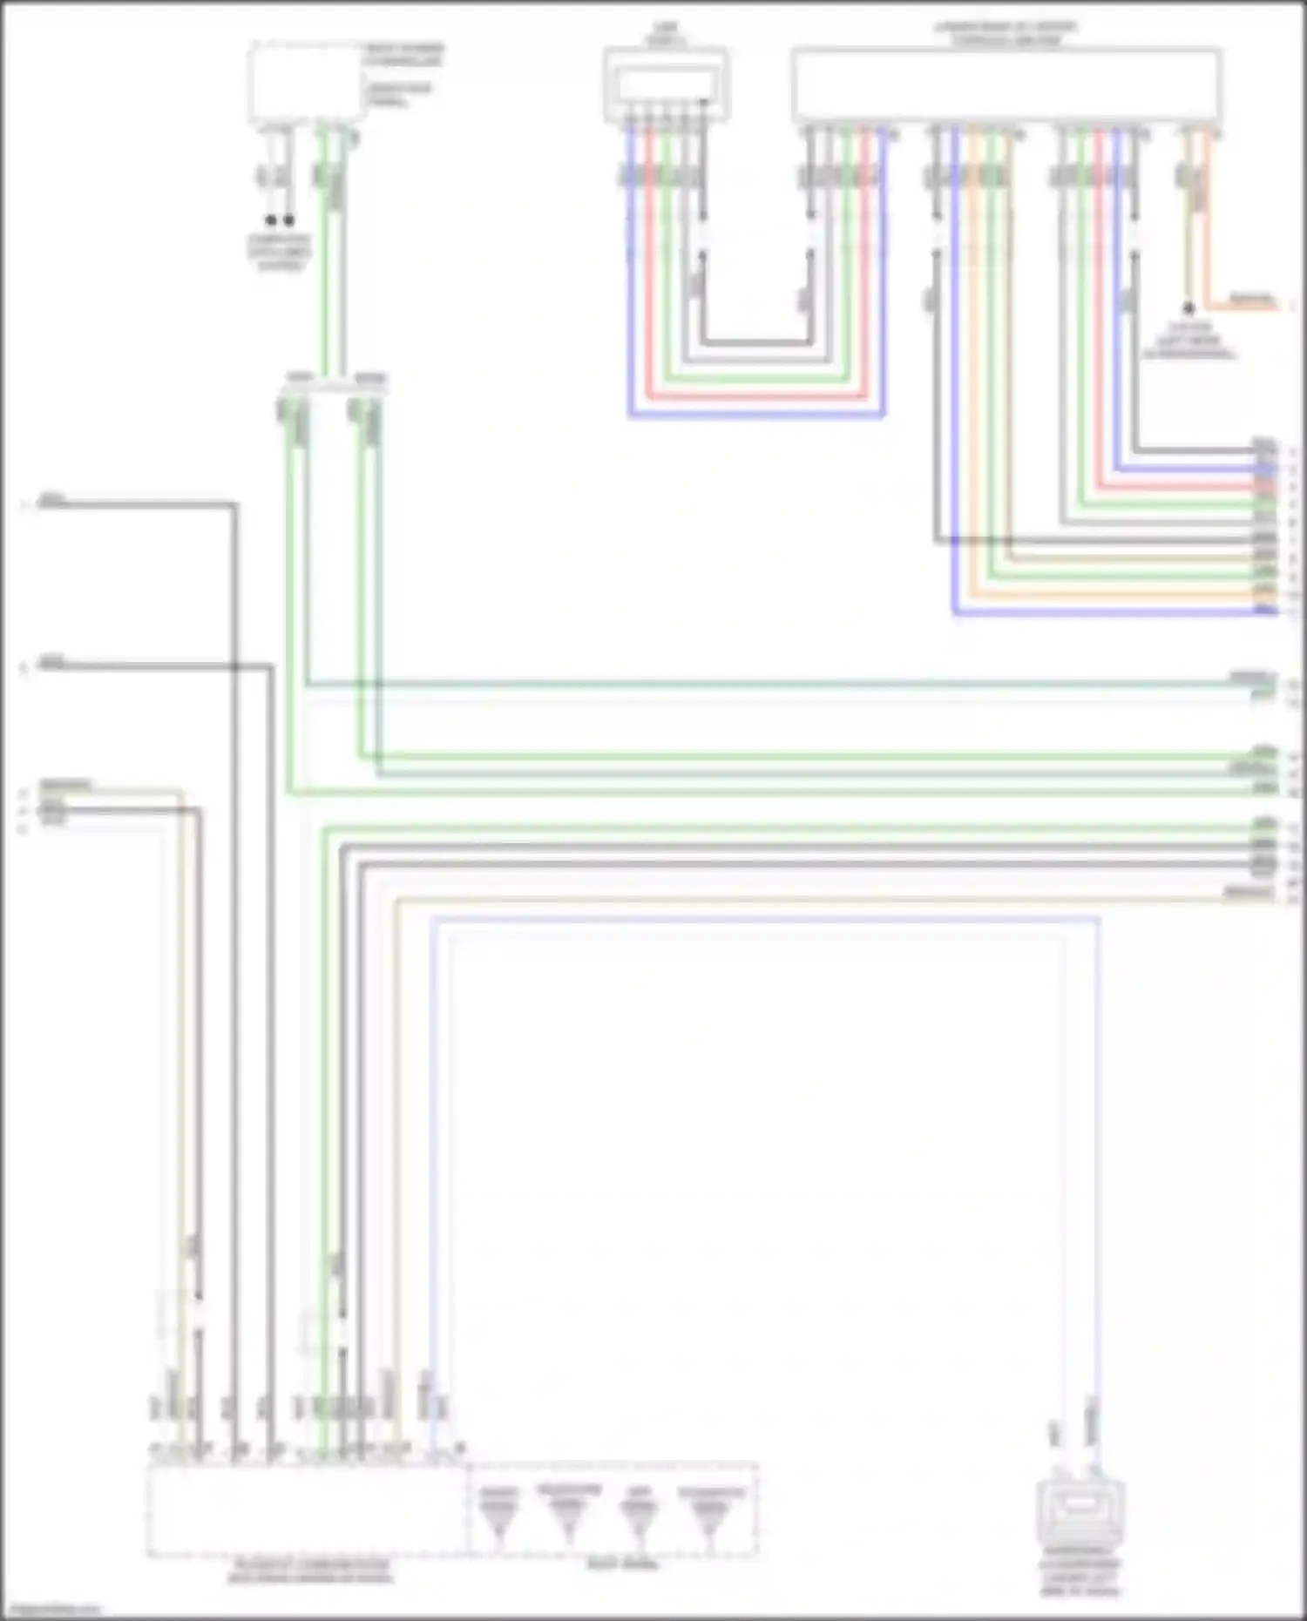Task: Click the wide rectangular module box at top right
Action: [1006, 84]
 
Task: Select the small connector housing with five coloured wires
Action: [666, 84]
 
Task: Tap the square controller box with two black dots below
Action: [305, 84]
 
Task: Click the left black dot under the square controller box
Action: [271, 220]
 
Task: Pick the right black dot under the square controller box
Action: [288, 220]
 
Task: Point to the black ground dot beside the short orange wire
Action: [1188, 308]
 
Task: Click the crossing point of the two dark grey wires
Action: [235, 667]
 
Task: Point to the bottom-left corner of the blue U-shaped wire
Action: [630, 415]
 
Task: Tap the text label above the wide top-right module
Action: [1006, 34]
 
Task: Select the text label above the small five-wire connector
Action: [666, 34]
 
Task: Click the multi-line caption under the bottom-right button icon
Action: [1080, 1577]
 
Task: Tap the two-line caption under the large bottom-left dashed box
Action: [310, 1571]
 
